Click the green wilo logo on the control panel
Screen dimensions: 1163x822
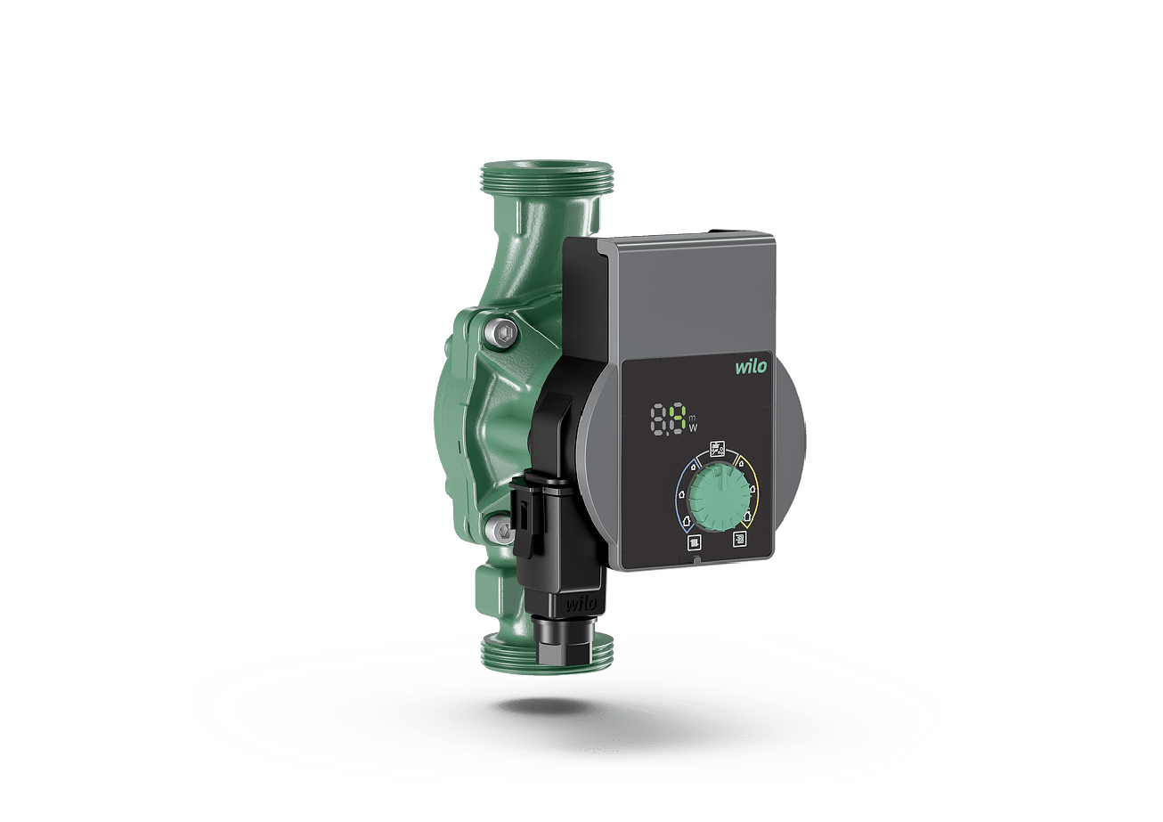(x=751, y=366)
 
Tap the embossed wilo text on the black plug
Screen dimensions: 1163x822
(x=581, y=604)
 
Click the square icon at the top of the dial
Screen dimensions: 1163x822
(x=718, y=448)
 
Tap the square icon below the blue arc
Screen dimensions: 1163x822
(x=695, y=543)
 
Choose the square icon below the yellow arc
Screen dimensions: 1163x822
(x=739, y=539)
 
